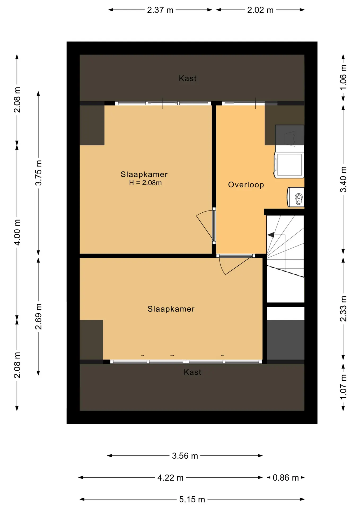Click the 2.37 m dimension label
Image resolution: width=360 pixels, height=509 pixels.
(x=160, y=10)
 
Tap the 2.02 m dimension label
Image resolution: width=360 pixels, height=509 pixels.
(x=260, y=10)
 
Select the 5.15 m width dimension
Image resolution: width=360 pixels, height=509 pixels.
(x=192, y=499)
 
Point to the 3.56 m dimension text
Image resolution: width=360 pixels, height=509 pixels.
(x=185, y=456)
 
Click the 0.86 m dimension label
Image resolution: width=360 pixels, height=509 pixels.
(x=286, y=478)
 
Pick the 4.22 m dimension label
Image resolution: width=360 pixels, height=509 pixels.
(x=170, y=478)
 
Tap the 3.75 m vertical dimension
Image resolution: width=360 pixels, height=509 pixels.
(x=38, y=173)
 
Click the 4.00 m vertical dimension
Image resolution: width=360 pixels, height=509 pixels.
(x=17, y=232)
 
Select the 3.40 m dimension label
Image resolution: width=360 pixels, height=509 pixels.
(x=343, y=179)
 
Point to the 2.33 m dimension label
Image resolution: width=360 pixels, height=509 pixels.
(x=343, y=309)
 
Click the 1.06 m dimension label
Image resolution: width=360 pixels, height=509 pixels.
(x=343, y=77)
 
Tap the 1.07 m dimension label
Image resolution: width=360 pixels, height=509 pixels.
(x=343, y=387)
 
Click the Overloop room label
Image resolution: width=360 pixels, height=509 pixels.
(x=246, y=185)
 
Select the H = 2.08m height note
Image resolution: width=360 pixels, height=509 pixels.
(x=145, y=183)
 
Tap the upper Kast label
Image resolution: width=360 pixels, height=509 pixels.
(x=188, y=78)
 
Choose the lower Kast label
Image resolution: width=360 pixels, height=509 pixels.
(x=192, y=372)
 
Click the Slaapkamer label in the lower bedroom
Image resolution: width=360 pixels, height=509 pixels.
(x=171, y=309)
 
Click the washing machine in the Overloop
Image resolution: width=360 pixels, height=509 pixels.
(x=289, y=165)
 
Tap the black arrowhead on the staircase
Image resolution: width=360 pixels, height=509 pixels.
(x=271, y=235)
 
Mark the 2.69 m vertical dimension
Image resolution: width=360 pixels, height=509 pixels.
(x=38, y=317)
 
